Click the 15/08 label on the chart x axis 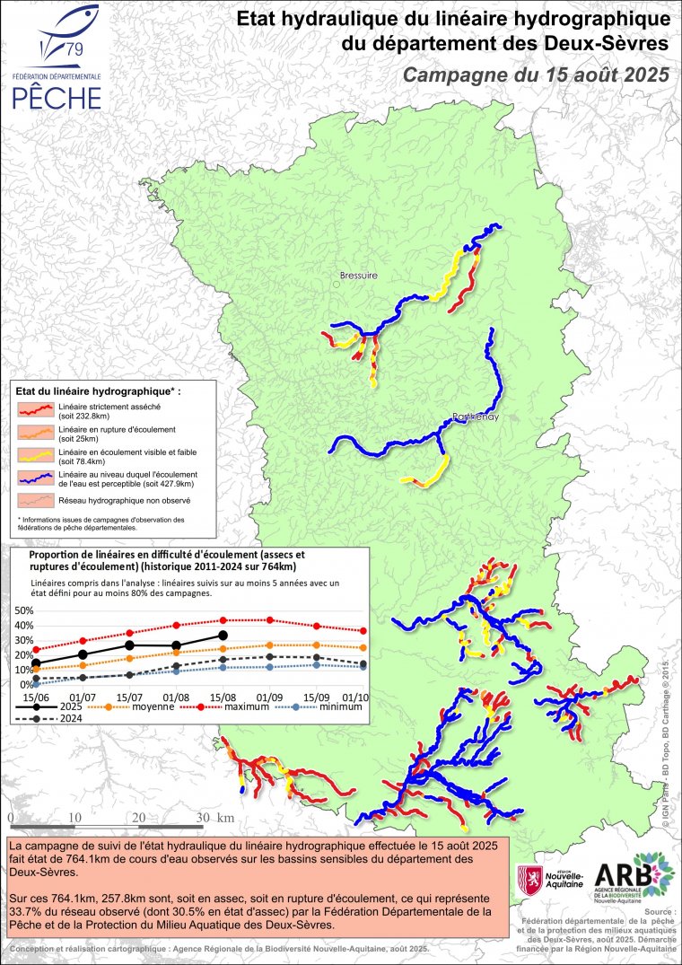pos(223,697)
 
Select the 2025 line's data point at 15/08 pos(223,636)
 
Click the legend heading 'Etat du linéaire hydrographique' pos(99,392)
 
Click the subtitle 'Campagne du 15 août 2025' pos(536,75)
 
